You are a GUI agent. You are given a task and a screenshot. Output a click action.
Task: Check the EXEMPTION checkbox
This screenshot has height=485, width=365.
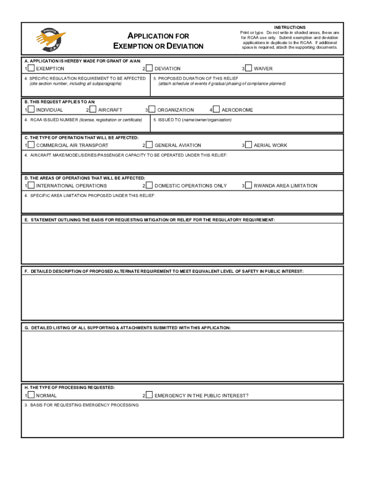click(x=31, y=68)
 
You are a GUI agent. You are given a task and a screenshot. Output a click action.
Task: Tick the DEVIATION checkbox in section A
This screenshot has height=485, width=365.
click(x=149, y=68)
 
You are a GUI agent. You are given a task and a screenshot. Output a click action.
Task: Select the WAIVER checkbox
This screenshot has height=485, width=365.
click(x=248, y=68)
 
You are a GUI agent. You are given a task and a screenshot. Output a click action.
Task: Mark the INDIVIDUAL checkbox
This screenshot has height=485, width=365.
click(x=31, y=109)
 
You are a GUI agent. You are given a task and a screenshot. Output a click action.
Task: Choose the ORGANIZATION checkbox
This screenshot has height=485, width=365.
click(x=152, y=109)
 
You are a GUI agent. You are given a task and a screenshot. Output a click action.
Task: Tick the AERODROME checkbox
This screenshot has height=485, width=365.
click(x=216, y=109)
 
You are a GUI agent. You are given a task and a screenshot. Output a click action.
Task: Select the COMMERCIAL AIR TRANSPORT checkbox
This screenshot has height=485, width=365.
click(x=31, y=145)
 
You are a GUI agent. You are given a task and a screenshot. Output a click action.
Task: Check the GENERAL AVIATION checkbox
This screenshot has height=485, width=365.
click(x=149, y=145)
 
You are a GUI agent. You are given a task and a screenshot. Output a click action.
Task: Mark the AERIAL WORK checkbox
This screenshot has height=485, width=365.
click(x=248, y=145)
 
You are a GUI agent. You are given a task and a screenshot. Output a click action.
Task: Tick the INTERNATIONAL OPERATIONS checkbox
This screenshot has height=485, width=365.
click(x=31, y=185)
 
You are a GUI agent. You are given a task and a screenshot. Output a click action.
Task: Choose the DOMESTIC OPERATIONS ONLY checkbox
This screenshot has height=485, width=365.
click(x=149, y=185)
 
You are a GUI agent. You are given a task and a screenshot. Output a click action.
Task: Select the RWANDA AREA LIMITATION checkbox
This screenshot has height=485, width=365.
click(x=248, y=185)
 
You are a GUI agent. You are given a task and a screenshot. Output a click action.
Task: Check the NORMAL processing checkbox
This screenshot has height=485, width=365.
click(x=31, y=395)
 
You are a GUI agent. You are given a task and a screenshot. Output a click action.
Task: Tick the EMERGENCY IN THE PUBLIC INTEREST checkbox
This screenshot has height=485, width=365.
click(x=149, y=395)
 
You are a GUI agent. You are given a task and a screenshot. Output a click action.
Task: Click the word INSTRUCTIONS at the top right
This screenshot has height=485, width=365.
click(x=290, y=27)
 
